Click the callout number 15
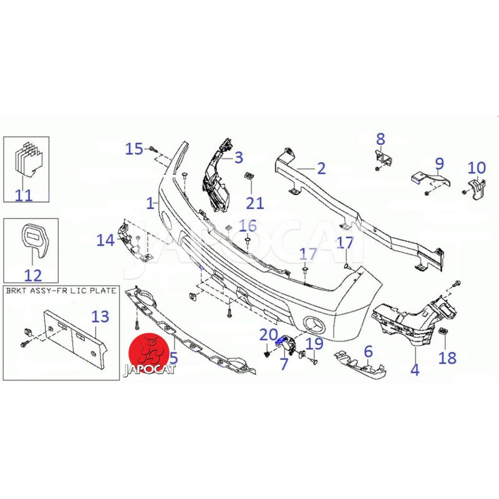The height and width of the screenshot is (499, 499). [134, 148]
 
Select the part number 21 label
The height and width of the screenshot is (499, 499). [255, 203]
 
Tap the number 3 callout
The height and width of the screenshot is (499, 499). [239, 158]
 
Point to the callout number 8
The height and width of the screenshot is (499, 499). [380, 139]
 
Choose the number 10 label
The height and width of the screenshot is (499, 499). [477, 168]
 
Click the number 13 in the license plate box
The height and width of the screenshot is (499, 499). [100, 316]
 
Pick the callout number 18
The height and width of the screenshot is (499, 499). [447, 358]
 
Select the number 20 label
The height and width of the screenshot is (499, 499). [269, 335]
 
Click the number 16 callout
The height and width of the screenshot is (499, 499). [248, 226]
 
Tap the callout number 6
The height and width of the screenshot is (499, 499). [368, 352]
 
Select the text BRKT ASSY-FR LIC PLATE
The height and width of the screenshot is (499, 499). [61, 291]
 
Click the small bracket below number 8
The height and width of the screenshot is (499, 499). [384, 158]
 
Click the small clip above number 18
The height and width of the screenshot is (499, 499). [443, 331]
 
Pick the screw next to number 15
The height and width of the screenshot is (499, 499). [153, 148]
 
